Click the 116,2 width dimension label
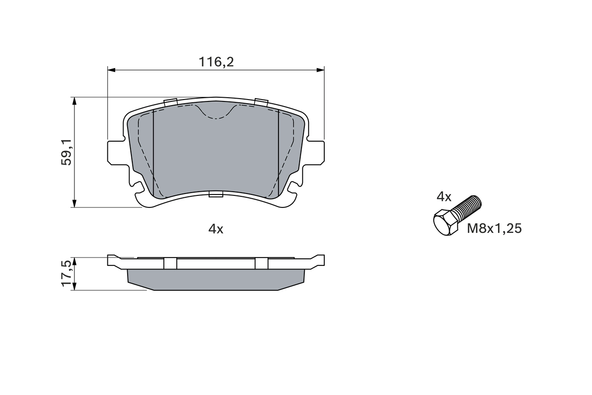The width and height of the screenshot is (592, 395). pos(216,62)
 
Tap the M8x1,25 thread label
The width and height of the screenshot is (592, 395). pos(494,228)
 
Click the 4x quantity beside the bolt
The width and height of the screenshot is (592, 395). pos(444,197)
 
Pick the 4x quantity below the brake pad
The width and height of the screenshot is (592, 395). pos(216,229)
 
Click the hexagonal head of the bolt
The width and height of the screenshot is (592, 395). pos(445,223)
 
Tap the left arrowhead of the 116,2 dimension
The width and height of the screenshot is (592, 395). pos(111,70)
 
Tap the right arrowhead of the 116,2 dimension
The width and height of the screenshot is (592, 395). pos(320,70)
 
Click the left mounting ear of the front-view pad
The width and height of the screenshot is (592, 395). pos(115,151)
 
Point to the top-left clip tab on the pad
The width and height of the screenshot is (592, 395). pos(171,102)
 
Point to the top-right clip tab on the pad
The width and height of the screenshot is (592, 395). pos(261,102)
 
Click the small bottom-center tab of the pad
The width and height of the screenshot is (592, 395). pos(216,194)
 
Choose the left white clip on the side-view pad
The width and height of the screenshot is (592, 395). pos(170,263)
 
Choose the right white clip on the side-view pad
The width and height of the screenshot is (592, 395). pos(261,263)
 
